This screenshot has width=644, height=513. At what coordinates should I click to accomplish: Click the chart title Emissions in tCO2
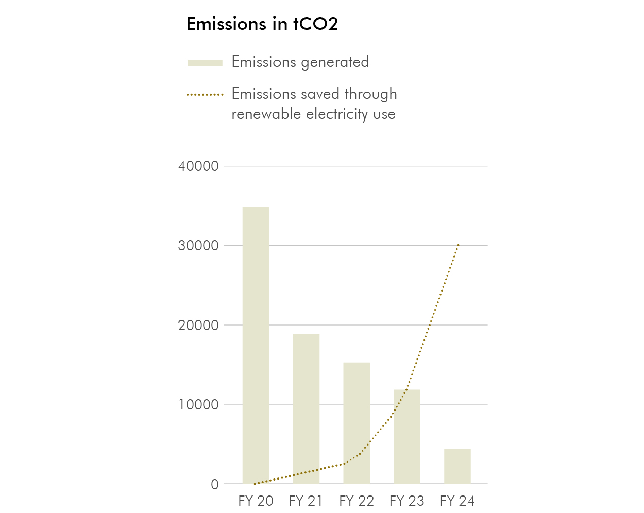tap(262, 24)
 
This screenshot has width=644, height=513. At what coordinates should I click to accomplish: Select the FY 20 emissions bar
tap(256, 345)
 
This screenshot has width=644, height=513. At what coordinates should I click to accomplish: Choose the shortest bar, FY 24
tap(457, 466)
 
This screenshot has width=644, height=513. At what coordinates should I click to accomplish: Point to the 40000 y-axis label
tap(198, 166)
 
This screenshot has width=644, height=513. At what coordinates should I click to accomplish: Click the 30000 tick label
tap(198, 246)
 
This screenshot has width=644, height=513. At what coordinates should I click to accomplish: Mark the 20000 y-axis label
tap(198, 326)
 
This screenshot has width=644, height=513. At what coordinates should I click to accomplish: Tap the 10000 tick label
tap(198, 405)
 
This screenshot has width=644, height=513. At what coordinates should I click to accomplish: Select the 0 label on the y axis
tap(214, 485)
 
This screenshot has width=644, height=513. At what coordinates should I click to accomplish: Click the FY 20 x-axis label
tap(256, 501)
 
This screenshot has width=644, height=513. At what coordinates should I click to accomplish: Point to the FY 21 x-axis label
tap(306, 501)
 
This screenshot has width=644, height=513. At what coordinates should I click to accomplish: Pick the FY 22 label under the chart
tap(357, 501)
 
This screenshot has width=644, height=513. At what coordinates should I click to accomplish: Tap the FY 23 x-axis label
tap(407, 501)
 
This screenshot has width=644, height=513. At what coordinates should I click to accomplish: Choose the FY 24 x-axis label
tap(457, 501)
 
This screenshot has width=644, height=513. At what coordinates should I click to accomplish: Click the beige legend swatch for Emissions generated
tap(205, 63)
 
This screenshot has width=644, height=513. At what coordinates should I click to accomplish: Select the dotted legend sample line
tap(205, 95)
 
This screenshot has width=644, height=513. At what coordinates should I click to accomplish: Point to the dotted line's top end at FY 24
tap(458, 245)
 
